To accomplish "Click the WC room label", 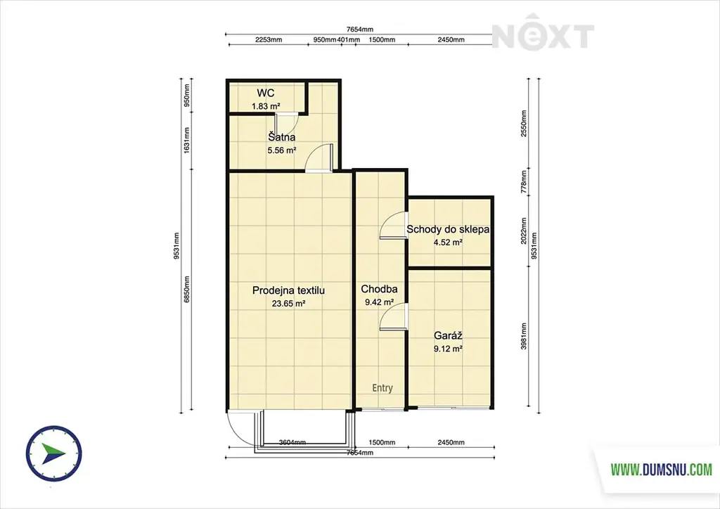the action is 265,94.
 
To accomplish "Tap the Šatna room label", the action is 282,137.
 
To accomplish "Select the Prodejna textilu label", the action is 289,290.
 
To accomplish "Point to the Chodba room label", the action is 379,289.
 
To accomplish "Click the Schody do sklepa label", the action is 448,229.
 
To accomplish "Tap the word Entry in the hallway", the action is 382,388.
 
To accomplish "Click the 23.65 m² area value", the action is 289,303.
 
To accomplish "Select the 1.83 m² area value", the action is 266,106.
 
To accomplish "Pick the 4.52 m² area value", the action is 448,243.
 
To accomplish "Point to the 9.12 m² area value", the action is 448,349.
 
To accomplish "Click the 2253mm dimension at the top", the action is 269,39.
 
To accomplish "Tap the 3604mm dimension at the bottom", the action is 292,442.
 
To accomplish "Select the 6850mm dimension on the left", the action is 187,290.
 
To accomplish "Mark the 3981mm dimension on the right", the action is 524,336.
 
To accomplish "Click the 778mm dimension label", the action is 524,182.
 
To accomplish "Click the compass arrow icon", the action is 53,453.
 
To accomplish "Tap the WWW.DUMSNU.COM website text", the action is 662,470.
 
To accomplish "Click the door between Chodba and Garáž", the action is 394,316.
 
